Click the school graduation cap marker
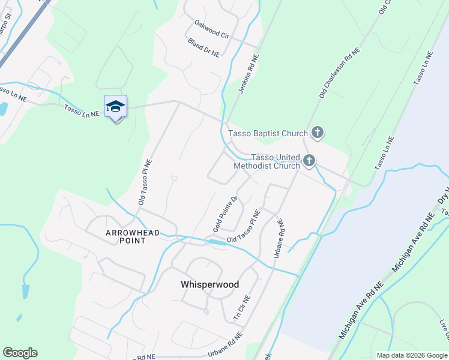tap(115, 107)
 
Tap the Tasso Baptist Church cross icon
tap(318, 133)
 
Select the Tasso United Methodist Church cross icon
tap(309, 160)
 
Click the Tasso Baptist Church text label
tap(268, 133)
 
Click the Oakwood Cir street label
tap(212, 29)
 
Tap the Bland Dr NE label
tap(204, 47)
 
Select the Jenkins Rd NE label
tap(249, 74)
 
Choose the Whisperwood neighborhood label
tap(210, 285)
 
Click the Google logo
tap(20, 353)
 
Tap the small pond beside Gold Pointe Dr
tap(214, 242)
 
